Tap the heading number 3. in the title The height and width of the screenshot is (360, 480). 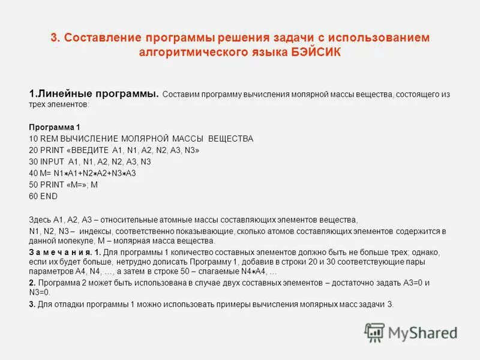55,38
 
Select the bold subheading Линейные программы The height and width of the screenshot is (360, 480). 97,94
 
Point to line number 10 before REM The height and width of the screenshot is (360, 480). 33,139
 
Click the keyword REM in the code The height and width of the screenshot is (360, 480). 49,139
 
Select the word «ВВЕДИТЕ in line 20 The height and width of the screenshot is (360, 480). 88,150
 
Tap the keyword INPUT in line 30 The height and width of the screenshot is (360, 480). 52,161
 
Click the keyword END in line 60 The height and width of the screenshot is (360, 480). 50,196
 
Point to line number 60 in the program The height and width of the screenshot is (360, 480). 33,196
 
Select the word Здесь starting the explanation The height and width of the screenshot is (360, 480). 40,220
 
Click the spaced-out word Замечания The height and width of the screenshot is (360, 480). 59,252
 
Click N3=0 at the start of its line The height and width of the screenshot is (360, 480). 40,292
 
